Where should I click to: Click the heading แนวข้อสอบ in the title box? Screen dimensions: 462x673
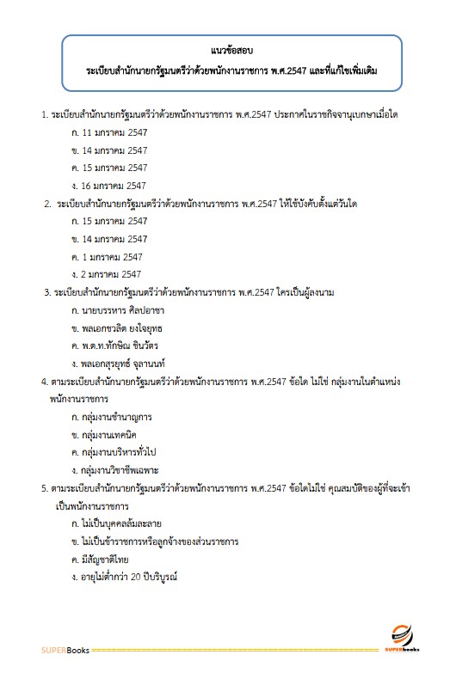tap(230, 50)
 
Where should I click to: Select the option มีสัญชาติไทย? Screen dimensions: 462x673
tap(107, 559)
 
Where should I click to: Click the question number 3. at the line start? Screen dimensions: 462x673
tap(47, 293)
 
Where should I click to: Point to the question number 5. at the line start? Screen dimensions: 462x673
tap(44, 488)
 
